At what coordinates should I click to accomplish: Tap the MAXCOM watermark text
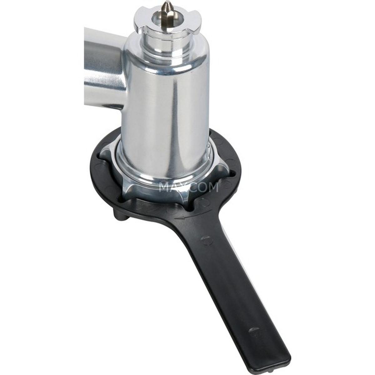(x=188, y=187)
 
